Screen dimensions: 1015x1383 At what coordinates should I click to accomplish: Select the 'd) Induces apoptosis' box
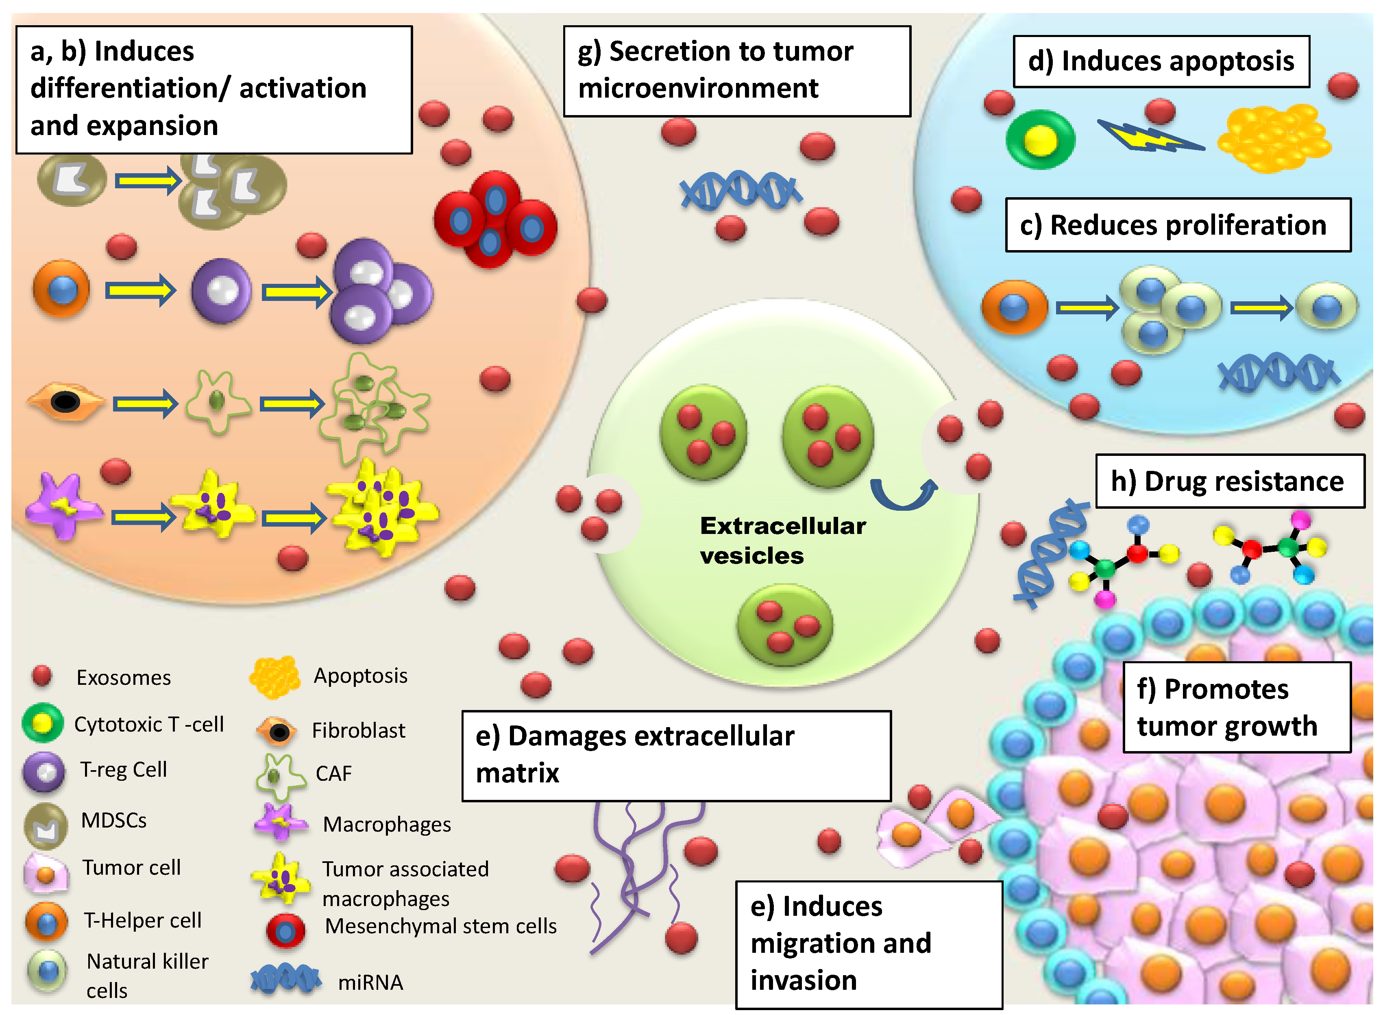click(x=1160, y=61)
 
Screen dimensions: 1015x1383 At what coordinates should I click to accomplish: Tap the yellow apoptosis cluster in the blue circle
click(x=1273, y=137)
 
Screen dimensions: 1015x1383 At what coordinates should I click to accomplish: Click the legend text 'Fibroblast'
click(x=358, y=730)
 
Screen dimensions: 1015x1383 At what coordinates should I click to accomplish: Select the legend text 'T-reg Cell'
click(x=123, y=769)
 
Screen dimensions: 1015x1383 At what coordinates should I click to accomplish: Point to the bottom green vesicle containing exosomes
click(x=784, y=625)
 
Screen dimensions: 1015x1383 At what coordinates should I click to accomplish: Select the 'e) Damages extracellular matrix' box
click(x=676, y=755)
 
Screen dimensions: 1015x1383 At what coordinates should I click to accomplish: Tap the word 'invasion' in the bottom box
click(x=803, y=980)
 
